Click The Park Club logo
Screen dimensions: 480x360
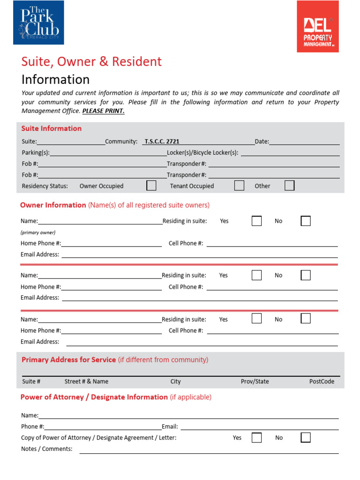point(38,22)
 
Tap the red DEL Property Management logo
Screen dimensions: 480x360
point(318,26)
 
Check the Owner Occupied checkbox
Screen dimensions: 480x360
point(151,186)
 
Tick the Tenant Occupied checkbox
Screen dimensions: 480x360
point(239,186)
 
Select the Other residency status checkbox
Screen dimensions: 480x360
point(290,186)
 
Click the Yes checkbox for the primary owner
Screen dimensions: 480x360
point(256,221)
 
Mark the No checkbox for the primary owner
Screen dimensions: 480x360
point(306,221)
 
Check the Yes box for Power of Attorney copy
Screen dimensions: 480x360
point(256,437)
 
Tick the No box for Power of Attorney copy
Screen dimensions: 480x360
point(306,437)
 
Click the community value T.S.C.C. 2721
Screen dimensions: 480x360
point(162,141)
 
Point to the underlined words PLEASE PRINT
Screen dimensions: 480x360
point(103,111)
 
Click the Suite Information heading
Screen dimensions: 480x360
point(52,128)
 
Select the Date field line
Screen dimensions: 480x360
point(304,142)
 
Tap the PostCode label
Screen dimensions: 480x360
point(322,382)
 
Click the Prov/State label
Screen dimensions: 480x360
point(255,382)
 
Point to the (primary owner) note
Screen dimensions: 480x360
point(38,232)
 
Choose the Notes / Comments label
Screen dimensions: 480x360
point(47,449)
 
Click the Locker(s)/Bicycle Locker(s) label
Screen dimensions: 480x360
point(202,153)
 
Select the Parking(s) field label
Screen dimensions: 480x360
point(36,153)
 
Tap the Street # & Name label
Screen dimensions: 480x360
point(86,382)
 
